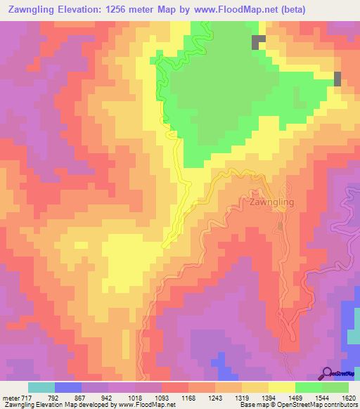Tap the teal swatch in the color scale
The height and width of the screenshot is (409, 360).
point(41,387)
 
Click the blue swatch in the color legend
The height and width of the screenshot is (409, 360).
point(68,387)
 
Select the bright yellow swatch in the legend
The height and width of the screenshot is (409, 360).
point(281,387)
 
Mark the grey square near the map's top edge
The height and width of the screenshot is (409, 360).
point(259,42)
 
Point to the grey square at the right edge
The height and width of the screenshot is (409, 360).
point(337,78)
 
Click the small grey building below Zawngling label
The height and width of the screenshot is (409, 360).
point(281,226)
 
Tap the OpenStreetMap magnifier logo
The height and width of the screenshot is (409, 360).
point(328,373)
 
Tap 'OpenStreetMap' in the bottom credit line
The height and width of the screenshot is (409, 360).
point(281,405)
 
